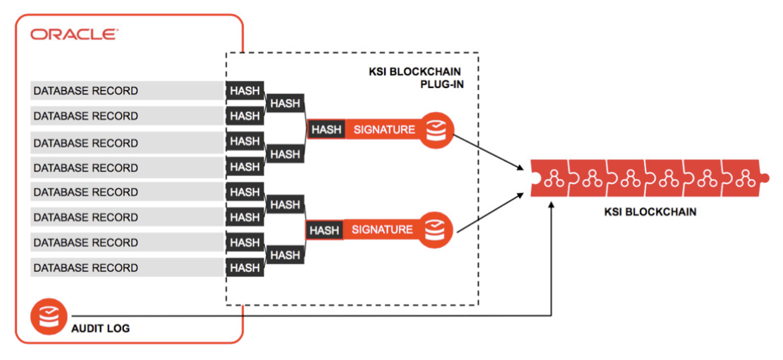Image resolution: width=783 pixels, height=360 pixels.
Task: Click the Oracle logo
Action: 74,34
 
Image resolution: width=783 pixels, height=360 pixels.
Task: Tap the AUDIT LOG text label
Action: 99,328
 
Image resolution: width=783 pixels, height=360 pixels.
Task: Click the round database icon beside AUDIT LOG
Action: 49,318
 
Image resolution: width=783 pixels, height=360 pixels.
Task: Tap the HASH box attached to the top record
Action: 245,91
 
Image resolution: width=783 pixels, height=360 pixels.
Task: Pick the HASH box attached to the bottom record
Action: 245,268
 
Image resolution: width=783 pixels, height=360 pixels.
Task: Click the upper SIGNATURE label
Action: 384,130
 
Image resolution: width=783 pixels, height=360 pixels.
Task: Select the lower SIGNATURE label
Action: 382,230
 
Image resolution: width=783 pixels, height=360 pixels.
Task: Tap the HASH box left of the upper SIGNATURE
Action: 326,130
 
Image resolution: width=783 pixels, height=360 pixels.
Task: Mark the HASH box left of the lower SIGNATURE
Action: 324,230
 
